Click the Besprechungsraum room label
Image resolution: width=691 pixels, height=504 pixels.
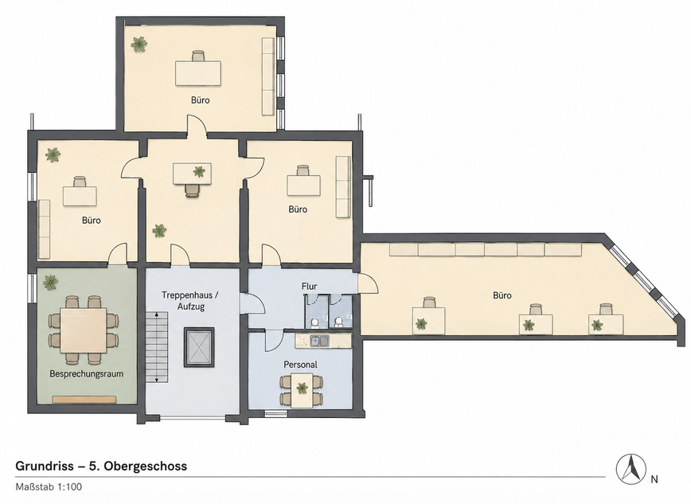(86, 374)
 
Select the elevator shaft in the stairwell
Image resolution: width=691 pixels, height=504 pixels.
(199, 347)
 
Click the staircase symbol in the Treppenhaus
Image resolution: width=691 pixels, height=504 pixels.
(158, 346)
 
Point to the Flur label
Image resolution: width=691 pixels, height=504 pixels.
(309, 286)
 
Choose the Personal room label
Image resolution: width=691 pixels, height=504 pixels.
(300, 365)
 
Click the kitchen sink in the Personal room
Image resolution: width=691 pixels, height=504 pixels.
(319, 341)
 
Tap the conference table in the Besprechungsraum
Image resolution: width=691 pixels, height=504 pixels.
(84, 330)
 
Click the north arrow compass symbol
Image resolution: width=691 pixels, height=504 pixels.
(631, 468)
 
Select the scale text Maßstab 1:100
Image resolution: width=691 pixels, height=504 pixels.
(49, 487)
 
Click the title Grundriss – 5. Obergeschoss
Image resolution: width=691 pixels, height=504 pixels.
(101, 466)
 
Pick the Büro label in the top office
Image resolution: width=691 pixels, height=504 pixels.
(200, 100)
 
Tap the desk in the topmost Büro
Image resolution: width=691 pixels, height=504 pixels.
(198, 73)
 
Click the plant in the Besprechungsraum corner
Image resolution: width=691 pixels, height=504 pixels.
(51, 282)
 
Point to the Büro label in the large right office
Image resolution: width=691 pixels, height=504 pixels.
(502, 295)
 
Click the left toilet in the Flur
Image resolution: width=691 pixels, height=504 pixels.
(315, 323)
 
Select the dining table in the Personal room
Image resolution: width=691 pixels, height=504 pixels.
(302, 390)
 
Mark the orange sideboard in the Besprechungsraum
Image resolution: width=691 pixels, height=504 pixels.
(84, 400)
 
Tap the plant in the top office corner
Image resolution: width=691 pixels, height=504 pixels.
(139, 44)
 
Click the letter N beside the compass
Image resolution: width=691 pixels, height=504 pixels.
(654, 479)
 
